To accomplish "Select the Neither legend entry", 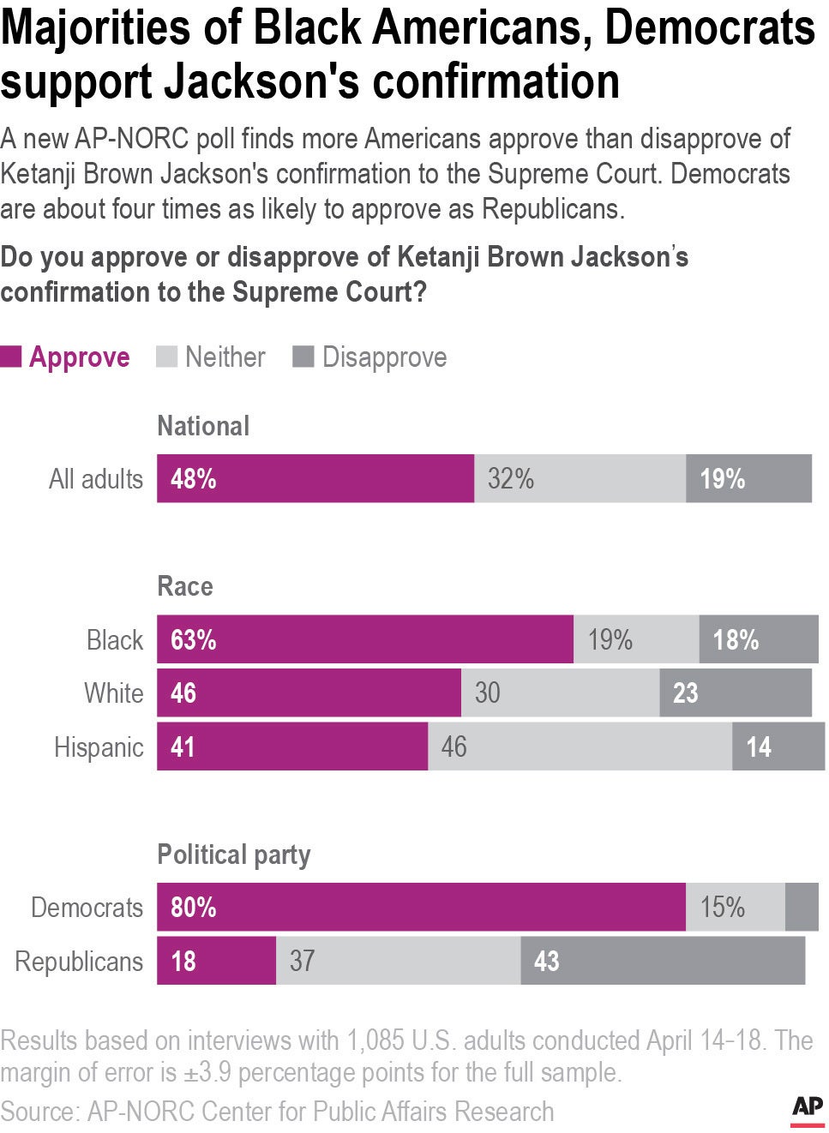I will [211, 357].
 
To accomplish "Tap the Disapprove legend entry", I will [370, 357].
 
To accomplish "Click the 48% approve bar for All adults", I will [315, 478].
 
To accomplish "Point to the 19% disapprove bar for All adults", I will [748, 478].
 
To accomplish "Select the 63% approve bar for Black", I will [364, 639].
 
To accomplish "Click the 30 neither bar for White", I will [560, 692].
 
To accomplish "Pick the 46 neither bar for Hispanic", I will [580, 746].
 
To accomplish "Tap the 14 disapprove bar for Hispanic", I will [778, 746].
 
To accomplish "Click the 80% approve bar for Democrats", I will [421, 907].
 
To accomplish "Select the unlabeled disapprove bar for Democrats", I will [802, 907].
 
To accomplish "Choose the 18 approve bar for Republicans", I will [216, 961].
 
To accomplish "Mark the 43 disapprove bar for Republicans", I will [663, 961].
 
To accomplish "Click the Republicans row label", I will [79, 962].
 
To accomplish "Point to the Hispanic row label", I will [99, 747].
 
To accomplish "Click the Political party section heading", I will [233, 854].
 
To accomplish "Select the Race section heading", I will [185, 587].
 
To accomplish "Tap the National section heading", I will [203, 426].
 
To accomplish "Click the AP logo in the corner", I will [807, 1109].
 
